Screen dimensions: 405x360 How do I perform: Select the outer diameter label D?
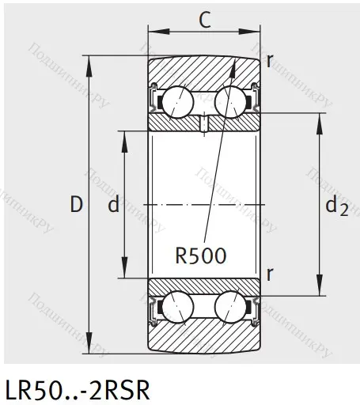point(76,206)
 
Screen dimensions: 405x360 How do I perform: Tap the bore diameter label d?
point(113,206)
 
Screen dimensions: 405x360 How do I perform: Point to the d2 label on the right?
point(336,206)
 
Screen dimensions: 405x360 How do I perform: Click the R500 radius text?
point(202,255)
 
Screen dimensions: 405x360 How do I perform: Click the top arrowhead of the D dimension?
point(88,64)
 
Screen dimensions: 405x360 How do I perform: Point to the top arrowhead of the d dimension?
point(123,134)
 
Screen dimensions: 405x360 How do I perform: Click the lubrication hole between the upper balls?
point(203,123)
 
